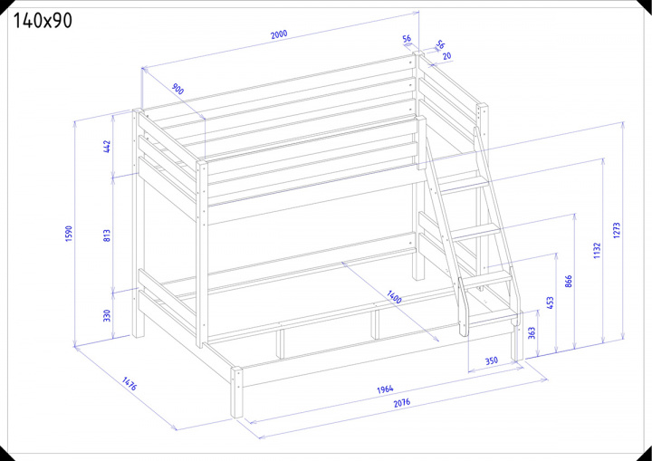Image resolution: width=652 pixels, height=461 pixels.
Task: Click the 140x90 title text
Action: click(x=43, y=21)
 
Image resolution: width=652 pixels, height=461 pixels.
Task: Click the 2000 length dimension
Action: click(x=279, y=34)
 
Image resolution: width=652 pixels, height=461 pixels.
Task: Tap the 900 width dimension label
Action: click(x=177, y=89)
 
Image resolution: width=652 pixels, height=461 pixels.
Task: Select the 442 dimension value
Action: click(x=107, y=147)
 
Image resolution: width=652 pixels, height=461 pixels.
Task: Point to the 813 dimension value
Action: click(x=107, y=235)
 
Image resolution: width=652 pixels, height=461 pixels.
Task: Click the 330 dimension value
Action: click(x=107, y=315)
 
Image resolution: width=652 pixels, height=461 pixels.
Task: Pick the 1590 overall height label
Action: click(x=69, y=234)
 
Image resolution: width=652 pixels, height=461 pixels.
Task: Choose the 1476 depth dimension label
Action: click(x=129, y=384)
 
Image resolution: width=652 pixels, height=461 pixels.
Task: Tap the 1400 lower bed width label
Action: click(x=394, y=297)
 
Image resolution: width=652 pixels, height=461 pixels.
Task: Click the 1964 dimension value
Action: click(x=385, y=389)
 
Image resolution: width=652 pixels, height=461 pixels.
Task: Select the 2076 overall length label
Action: click(x=402, y=402)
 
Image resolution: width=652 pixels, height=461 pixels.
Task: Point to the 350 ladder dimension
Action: click(x=492, y=360)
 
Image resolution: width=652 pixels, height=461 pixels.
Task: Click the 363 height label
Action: click(x=532, y=333)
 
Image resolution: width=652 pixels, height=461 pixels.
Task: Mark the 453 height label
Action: click(x=550, y=303)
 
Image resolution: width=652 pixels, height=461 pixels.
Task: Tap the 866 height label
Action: click(x=569, y=282)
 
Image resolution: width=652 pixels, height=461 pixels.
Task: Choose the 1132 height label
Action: click(x=597, y=251)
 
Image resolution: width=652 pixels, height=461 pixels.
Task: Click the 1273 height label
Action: click(x=617, y=230)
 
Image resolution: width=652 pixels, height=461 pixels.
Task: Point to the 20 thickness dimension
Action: click(x=447, y=56)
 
